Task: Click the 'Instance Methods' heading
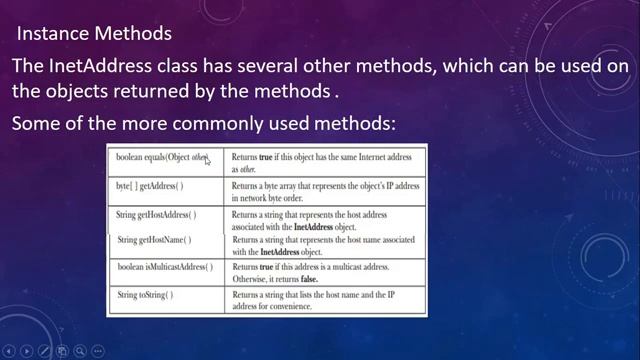pyautogui.click(x=94, y=34)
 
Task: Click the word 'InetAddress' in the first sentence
pyautogui.click(x=97, y=66)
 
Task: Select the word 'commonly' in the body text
pyautogui.click(x=234, y=124)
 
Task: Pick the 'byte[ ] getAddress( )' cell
pyautogui.click(x=150, y=187)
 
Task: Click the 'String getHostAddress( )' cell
pyautogui.click(x=156, y=215)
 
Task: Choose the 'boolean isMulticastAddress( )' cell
pyautogui.click(x=165, y=268)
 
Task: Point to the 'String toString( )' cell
pyautogui.click(x=145, y=295)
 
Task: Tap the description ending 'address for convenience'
pyautogui.click(x=325, y=301)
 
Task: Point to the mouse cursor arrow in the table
pyautogui.click(x=207, y=160)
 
